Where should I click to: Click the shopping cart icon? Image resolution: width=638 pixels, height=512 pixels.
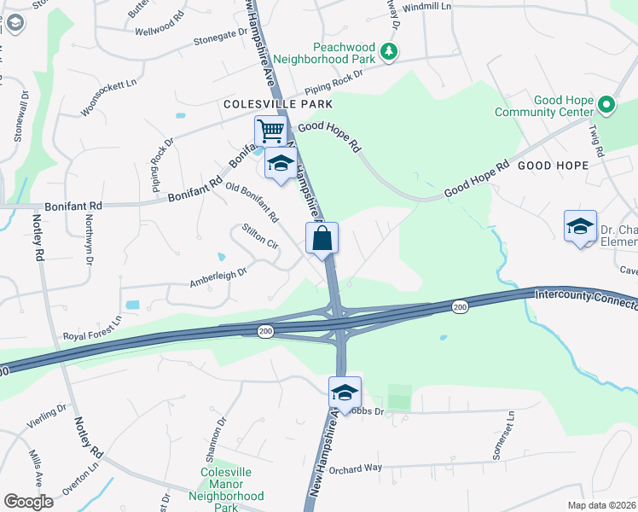point(270,131)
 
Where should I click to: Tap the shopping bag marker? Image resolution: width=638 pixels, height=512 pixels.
point(322,238)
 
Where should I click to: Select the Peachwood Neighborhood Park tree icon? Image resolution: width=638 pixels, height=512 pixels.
point(389,52)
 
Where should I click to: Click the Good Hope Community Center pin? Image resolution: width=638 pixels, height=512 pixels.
point(606,106)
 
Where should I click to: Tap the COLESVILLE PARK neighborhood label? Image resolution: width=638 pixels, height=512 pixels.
point(265,104)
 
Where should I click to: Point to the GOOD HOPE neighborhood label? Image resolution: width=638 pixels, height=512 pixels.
point(553,165)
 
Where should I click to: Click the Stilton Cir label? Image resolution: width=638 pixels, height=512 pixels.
point(260,236)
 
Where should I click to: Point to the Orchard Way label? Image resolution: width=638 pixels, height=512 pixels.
point(356,468)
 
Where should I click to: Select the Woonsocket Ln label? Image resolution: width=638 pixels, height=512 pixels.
point(108,98)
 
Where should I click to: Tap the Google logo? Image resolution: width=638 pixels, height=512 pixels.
point(28,502)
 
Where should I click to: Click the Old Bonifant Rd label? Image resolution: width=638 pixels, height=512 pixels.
point(252,202)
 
